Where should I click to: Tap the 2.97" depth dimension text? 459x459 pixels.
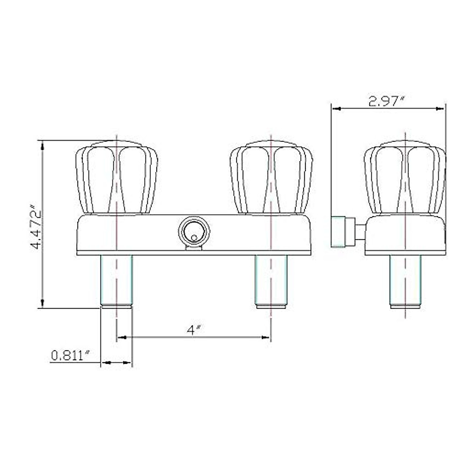(386, 101)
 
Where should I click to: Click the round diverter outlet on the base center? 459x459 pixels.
(194, 233)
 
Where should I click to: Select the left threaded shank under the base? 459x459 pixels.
(116, 279)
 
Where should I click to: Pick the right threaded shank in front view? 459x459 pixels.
(271, 279)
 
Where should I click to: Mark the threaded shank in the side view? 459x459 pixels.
(405, 279)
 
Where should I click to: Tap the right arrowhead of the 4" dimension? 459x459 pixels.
(266, 337)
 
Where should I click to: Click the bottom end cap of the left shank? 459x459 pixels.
(116, 306)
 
